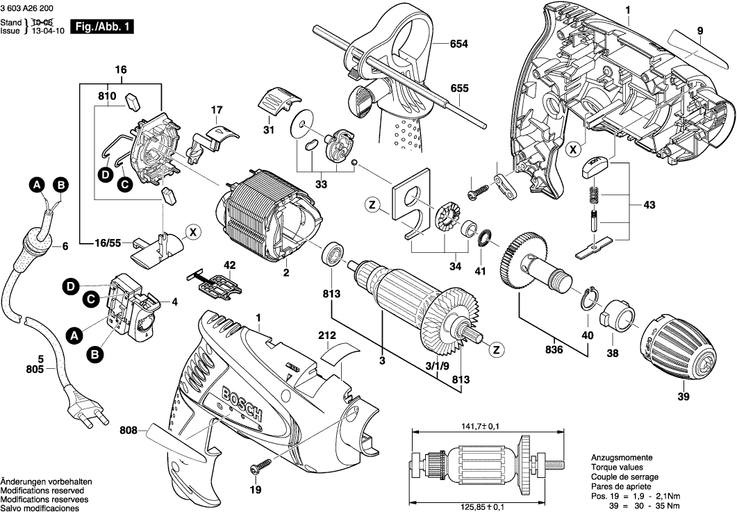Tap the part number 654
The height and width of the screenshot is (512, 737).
click(x=459, y=44)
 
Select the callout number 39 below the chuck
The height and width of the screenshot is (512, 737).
click(x=684, y=397)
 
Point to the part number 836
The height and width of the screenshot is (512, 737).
click(x=554, y=350)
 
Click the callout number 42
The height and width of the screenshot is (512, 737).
click(x=229, y=264)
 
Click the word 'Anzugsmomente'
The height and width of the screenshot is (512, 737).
click(x=621, y=458)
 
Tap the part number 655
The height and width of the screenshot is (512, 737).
click(x=459, y=88)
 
